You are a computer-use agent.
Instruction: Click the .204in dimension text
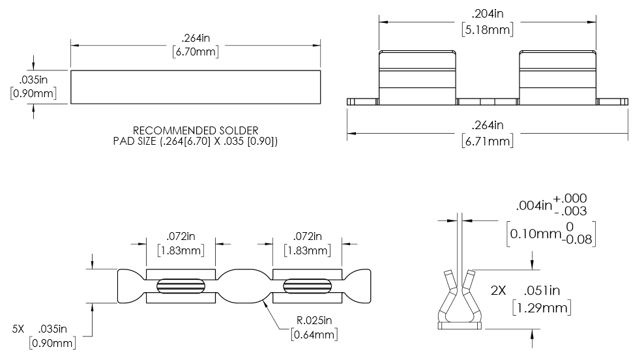[487, 13]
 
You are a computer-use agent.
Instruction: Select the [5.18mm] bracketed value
[487, 29]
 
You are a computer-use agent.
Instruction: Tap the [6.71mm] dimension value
[487, 140]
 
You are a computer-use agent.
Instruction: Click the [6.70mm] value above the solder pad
[195, 53]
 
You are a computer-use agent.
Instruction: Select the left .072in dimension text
[181, 235]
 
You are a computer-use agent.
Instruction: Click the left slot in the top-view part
[181, 286]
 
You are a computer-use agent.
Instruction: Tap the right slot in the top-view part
[308, 286]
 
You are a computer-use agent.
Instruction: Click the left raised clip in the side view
[418, 77]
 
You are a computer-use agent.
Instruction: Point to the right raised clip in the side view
[557, 77]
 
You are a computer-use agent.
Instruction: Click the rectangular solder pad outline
[196, 87]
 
